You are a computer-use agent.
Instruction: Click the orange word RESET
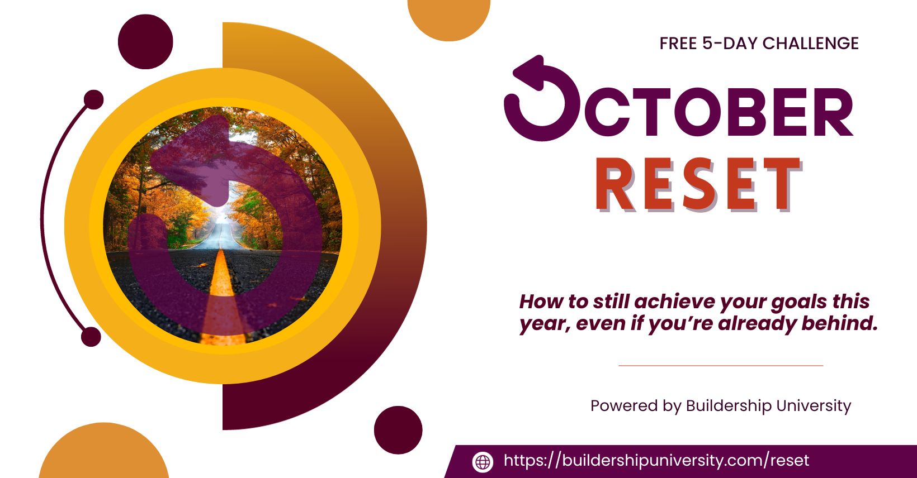(x=698, y=184)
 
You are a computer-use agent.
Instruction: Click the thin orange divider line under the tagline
(x=721, y=366)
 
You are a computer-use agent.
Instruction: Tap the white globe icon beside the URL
(x=483, y=462)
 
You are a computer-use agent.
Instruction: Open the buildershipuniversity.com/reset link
(x=656, y=461)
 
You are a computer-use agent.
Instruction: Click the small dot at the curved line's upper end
(x=94, y=100)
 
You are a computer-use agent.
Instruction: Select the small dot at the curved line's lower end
(x=91, y=337)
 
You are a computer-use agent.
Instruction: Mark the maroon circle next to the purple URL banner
(x=398, y=430)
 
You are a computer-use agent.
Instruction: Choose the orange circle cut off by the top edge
(x=448, y=18)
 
